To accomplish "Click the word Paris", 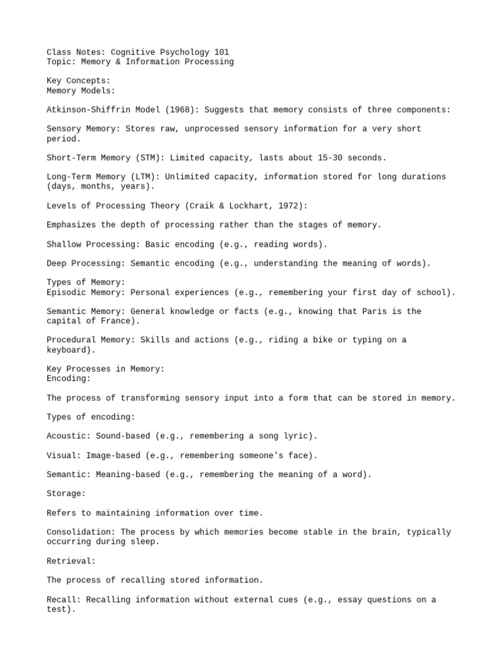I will click(375, 311).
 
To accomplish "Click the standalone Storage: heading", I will click(66, 494).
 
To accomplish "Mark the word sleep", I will click(145, 542).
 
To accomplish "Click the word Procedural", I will click(71, 340).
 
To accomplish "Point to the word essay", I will click(350, 599).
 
